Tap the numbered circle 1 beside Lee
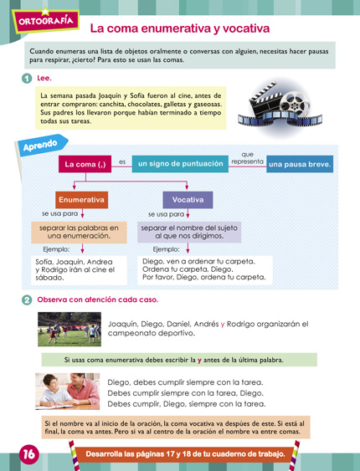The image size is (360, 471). pos(28,79)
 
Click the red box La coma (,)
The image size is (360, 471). pos(85,164)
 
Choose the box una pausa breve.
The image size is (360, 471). pos(300,165)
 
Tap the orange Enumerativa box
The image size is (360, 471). pos(82,201)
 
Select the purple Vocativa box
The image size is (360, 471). pos(188,201)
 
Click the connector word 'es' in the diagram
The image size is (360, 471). pos(121,161)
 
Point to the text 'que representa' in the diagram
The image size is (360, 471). pos(247,158)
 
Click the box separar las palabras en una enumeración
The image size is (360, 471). pos(80,232)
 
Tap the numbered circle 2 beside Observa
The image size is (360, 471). pos(28,299)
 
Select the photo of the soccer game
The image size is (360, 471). pos(69,329)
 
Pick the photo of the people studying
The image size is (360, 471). pos(69,391)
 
